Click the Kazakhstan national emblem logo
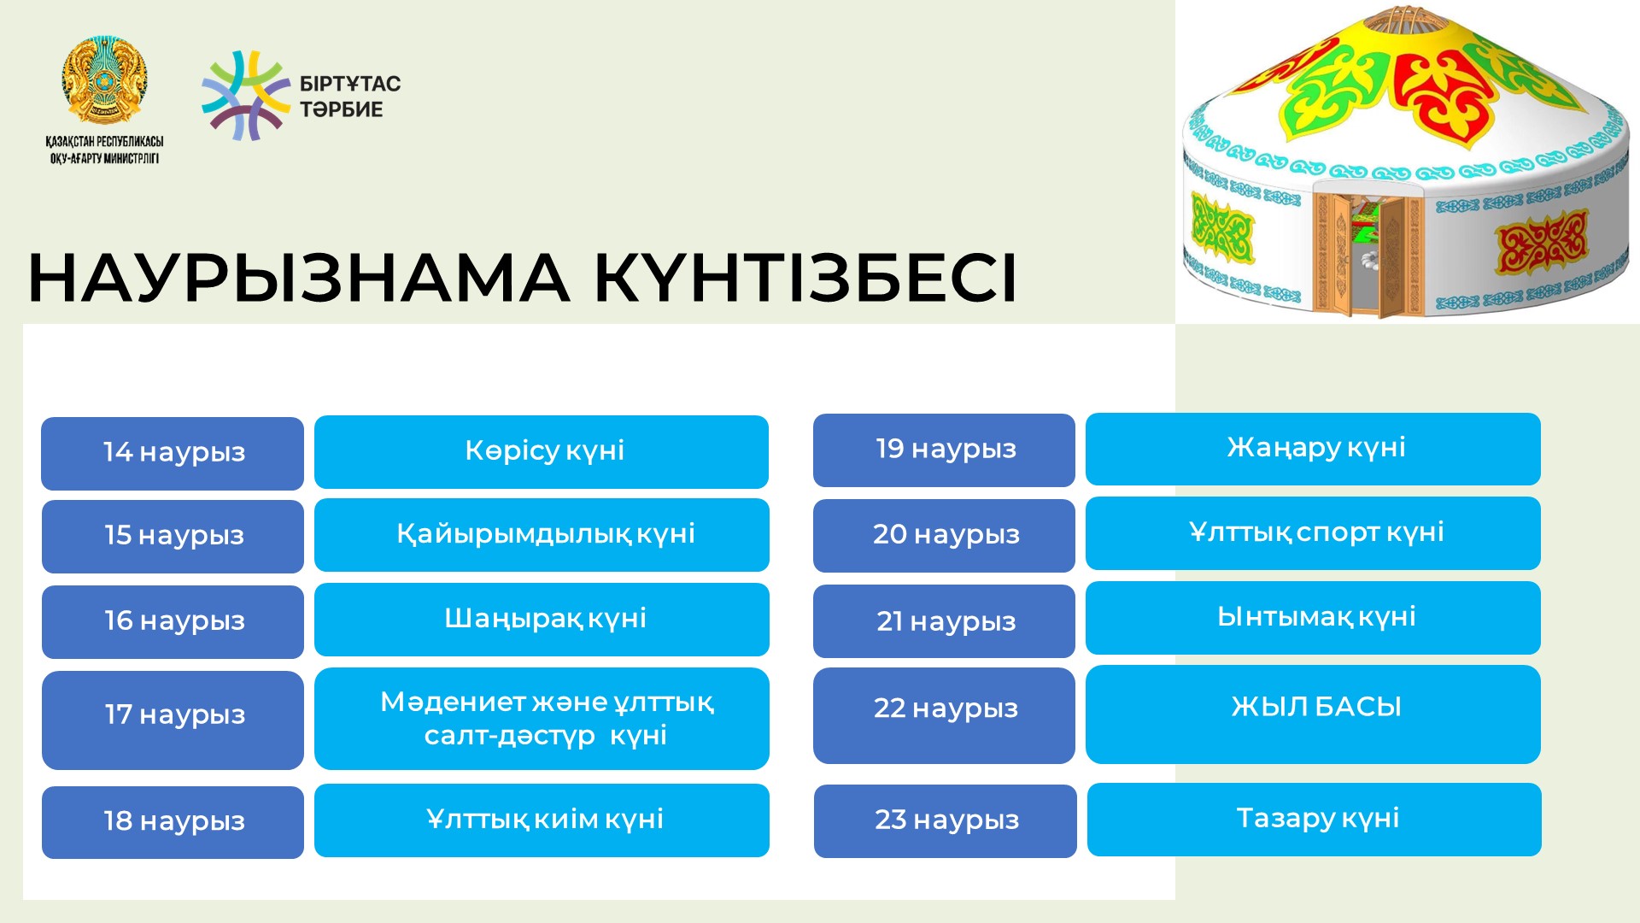pos(104,80)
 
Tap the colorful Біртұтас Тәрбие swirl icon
pos(246,96)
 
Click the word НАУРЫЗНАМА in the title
pos(299,278)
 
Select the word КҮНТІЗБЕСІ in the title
pos(805,278)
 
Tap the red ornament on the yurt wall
pos(1542,242)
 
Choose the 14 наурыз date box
pos(173,453)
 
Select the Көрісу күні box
pos(542,451)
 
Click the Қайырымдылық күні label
pos(546,534)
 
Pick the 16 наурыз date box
pos(173,621)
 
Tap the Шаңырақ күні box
pos(542,619)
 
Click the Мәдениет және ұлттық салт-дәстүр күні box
pos(542,719)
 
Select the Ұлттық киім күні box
pos(542,820)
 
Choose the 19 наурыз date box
pos(944,450)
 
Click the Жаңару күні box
pos(1313,449)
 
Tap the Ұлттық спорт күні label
pos(1316,532)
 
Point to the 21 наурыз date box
pos(944,621)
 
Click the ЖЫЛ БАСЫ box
pos(1313,714)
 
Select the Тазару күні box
pos(1314,820)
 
